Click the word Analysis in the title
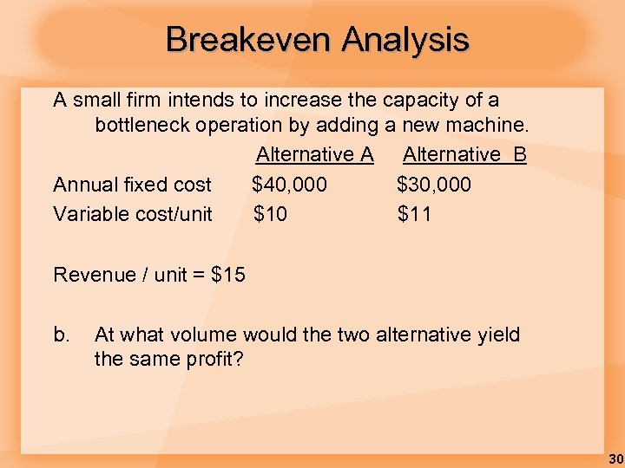405,40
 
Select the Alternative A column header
314,155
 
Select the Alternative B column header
464,155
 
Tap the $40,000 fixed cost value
289,185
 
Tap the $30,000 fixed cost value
434,185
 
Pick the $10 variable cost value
270,214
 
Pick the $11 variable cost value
414,214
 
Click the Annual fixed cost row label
132,185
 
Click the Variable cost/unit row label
132,214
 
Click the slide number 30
615,458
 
